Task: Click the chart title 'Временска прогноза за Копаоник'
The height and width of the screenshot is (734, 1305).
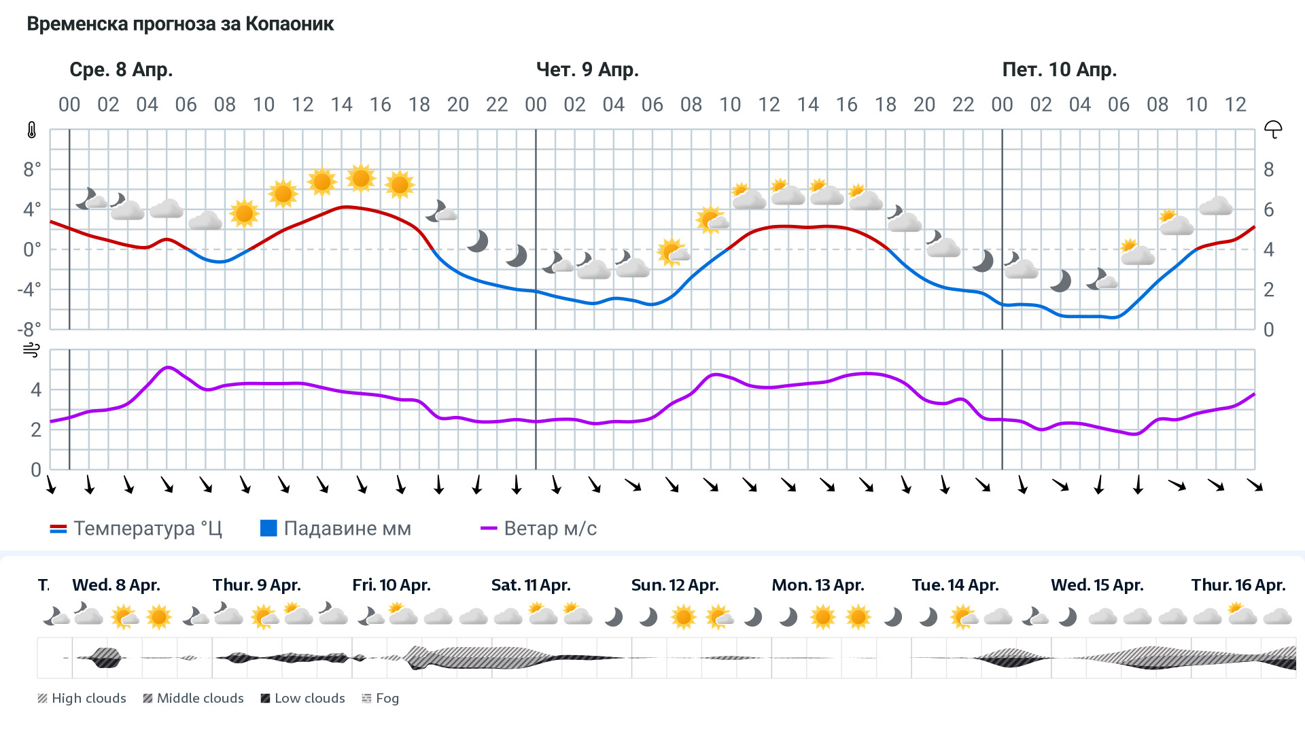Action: pyautogui.click(x=180, y=24)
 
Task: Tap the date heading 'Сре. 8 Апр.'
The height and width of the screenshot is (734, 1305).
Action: pyautogui.click(x=121, y=69)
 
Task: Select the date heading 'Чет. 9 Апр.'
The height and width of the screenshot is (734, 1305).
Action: pyautogui.click(x=587, y=69)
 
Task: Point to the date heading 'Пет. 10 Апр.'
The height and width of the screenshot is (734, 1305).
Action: pyautogui.click(x=1059, y=69)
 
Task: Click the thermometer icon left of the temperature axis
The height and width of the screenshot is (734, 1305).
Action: pyautogui.click(x=32, y=130)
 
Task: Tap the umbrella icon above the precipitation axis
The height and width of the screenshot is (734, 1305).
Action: pyautogui.click(x=1272, y=129)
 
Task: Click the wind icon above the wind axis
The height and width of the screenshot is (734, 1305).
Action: pyautogui.click(x=31, y=350)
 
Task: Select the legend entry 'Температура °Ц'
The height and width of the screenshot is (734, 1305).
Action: pyautogui.click(x=136, y=529)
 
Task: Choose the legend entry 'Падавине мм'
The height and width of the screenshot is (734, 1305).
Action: pyautogui.click(x=336, y=529)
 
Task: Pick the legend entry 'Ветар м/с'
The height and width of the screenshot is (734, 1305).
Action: pyautogui.click(x=538, y=529)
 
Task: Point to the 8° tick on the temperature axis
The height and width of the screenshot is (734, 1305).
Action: pyautogui.click(x=32, y=169)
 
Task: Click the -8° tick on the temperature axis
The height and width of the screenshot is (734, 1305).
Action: pyautogui.click(x=29, y=330)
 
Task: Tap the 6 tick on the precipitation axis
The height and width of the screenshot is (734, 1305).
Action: pyautogui.click(x=1268, y=210)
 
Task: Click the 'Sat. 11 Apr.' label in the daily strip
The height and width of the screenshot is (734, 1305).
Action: pyautogui.click(x=531, y=585)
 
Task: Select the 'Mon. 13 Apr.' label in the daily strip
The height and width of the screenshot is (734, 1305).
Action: pyautogui.click(x=818, y=585)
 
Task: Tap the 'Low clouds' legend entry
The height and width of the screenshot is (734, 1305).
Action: pyautogui.click(x=302, y=699)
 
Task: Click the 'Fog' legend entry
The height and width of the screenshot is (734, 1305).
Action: pyautogui.click(x=381, y=699)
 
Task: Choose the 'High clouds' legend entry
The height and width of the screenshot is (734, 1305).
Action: pyautogui.click(x=82, y=699)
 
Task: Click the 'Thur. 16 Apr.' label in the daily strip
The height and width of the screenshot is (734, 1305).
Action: pyautogui.click(x=1238, y=585)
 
